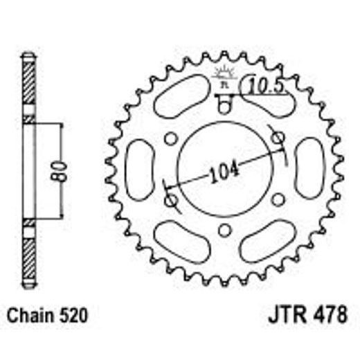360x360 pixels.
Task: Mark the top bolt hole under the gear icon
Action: [223, 106]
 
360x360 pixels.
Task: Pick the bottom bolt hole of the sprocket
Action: [223, 231]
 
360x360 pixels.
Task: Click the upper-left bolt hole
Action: [170, 138]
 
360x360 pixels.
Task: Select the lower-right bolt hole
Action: [277, 200]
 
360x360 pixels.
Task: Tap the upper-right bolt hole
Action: [277, 138]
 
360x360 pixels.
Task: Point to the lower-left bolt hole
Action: [170, 200]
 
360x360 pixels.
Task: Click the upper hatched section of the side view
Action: [28, 87]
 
